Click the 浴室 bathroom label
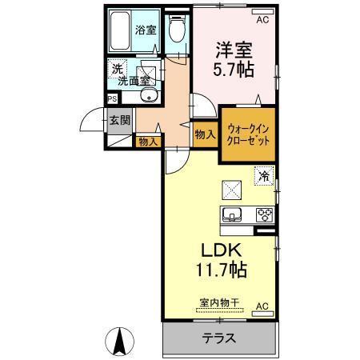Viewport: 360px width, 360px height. tap(145, 30)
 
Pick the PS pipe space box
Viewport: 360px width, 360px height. tap(113, 100)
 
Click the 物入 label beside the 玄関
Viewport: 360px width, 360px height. tap(147, 142)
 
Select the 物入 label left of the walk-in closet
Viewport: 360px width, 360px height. tap(206, 135)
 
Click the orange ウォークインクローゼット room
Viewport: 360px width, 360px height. tap(246, 134)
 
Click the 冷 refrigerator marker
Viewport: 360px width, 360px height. tap(262, 173)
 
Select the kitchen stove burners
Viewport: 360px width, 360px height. tap(262, 214)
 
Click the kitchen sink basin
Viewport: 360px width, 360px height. tap(234, 214)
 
